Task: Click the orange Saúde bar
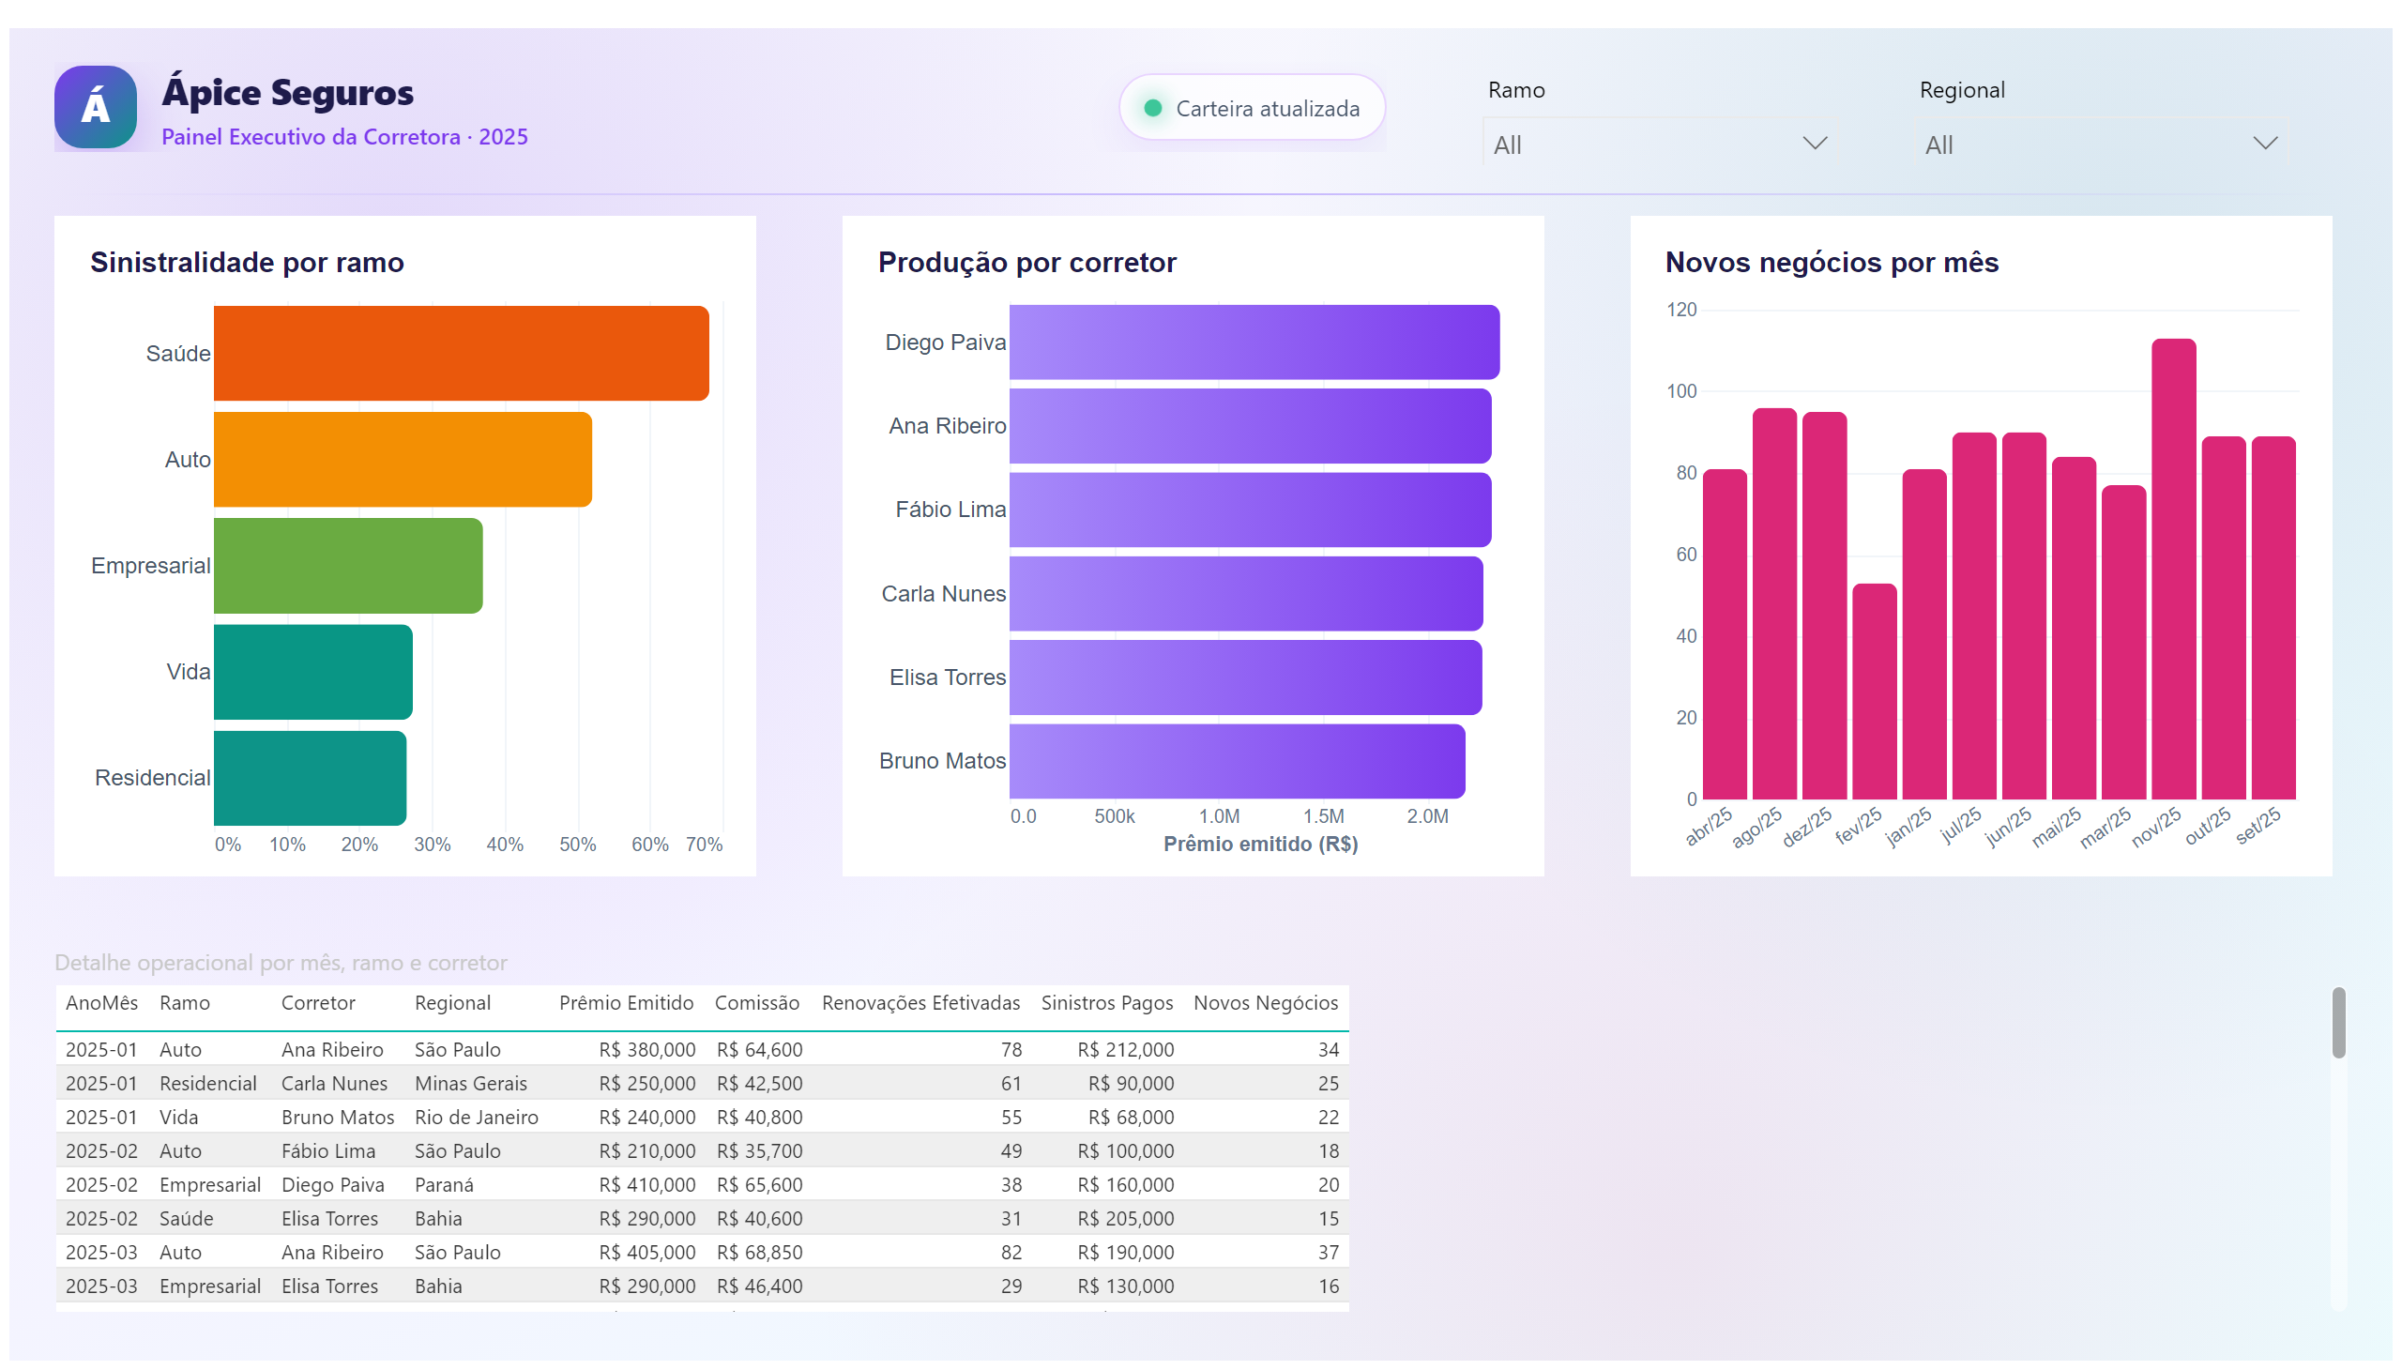[x=461, y=353]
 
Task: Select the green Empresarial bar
[x=348, y=566]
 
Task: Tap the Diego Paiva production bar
[x=1254, y=342]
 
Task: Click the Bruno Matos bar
[x=1238, y=761]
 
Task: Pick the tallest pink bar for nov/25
[x=2173, y=570]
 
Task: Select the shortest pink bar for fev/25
[x=1874, y=692]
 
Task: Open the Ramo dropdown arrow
[x=1814, y=143]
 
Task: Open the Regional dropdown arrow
[x=2265, y=143]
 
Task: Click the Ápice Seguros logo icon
[x=95, y=106]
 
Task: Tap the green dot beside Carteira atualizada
[x=1151, y=108]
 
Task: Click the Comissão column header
[x=756, y=1003]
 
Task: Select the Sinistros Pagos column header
[x=1106, y=1003]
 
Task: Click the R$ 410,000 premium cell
[x=647, y=1184]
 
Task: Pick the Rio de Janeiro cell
[x=476, y=1117]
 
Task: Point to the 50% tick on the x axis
[x=578, y=844]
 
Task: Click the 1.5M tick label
[x=1323, y=815]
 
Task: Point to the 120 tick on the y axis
[x=1681, y=310]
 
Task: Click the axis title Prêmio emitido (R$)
[x=1260, y=844]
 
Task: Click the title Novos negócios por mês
[x=1831, y=262]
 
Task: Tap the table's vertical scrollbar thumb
[x=2338, y=1023]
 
